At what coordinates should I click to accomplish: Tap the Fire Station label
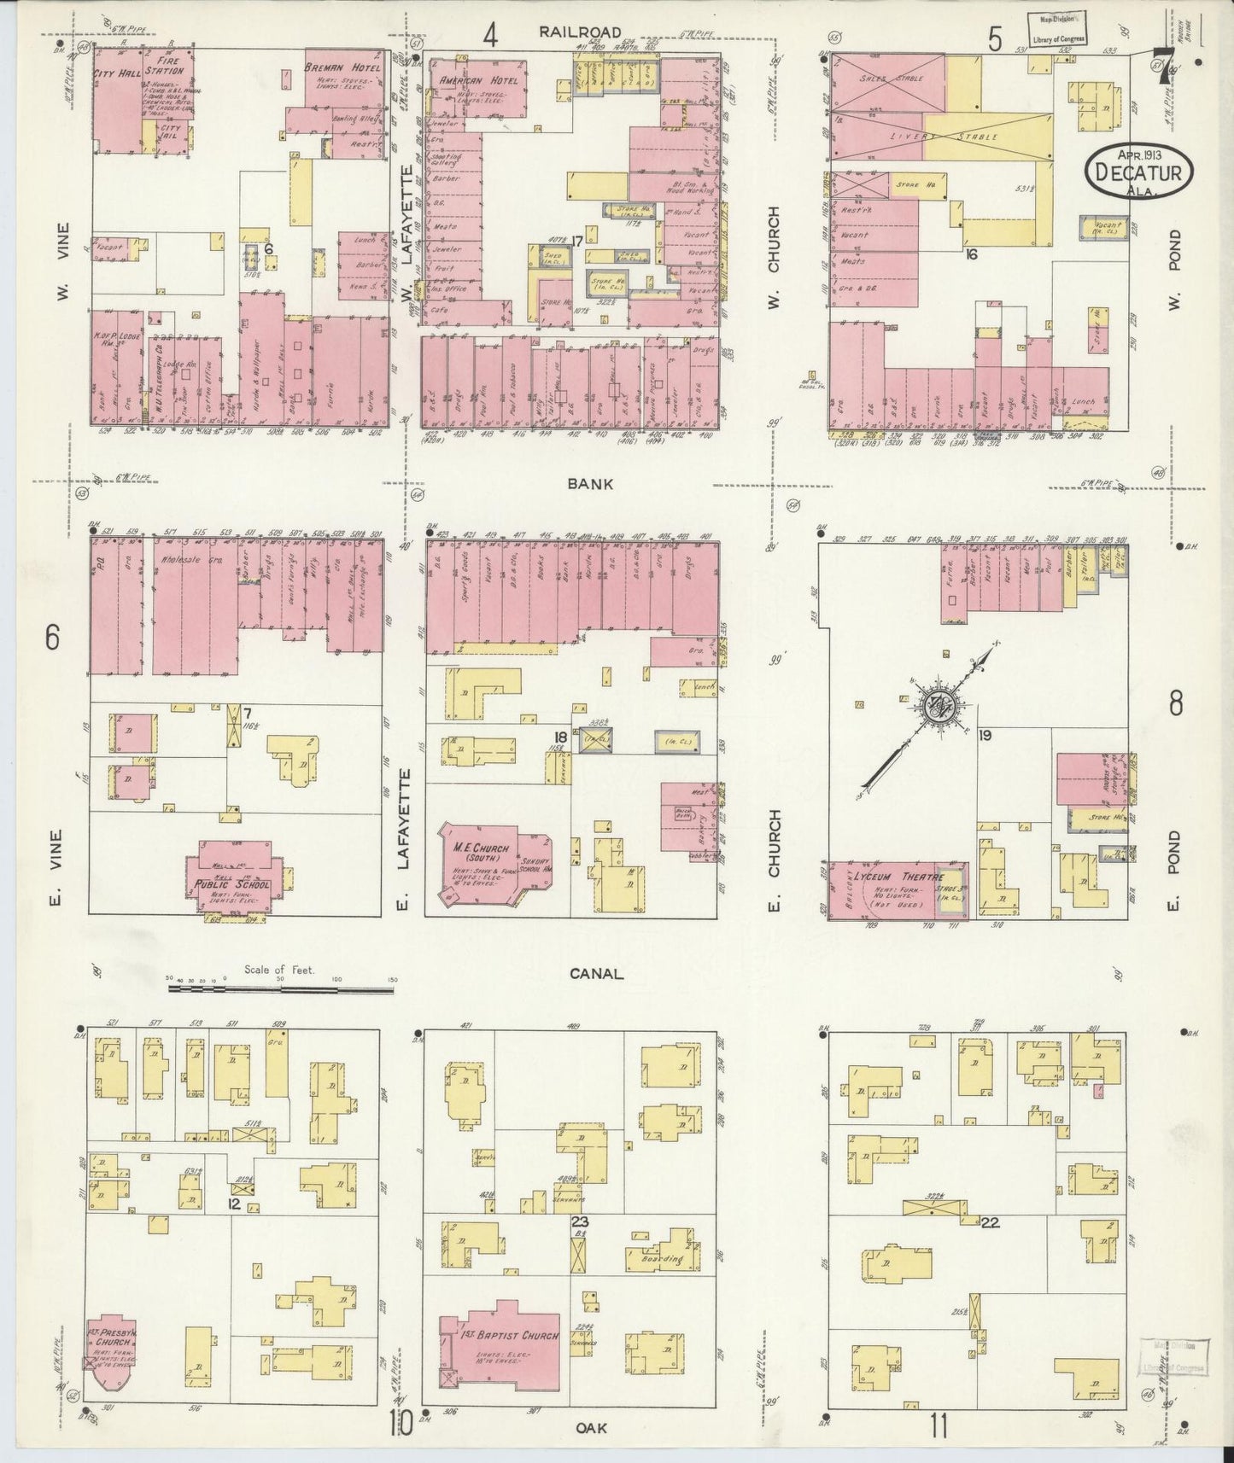pyautogui.click(x=167, y=67)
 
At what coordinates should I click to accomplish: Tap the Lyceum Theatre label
pyautogui.click(x=894, y=878)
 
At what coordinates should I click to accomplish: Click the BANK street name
pyautogui.click(x=589, y=484)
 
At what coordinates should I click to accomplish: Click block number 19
pyautogui.click(x=985, y=735)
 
